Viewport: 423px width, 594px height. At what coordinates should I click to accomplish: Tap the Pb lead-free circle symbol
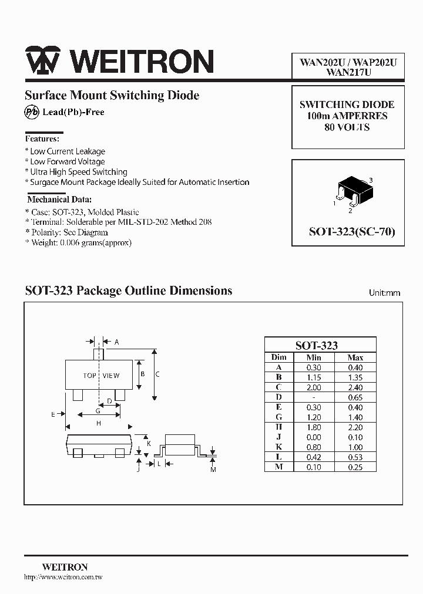click(x=31, y=112)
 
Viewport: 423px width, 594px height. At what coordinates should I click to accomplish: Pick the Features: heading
click(x=42, y=139)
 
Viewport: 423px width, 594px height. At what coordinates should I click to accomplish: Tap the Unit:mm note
click(x=384, y=292)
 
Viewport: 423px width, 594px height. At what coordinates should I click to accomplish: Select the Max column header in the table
click(x=355, y=357)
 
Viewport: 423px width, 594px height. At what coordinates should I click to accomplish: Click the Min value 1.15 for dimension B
click(x=314, y=377)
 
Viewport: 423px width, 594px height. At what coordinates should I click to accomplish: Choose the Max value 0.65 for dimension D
click(x=355, y=397)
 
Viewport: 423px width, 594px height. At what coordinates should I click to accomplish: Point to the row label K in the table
click(x=279, y=447)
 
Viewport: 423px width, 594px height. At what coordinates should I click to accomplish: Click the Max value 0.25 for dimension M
click(x=355, y=467)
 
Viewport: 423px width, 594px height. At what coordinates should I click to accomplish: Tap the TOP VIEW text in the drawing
click(x=101, y=376)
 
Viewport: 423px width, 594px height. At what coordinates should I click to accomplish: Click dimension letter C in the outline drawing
click(x=157, y=374)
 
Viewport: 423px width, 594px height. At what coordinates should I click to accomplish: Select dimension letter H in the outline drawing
click(x=99, y=423)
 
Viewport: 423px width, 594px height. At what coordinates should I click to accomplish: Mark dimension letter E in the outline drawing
click(x=53, y=414)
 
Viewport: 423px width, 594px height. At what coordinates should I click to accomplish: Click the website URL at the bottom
click(x=63, y=578)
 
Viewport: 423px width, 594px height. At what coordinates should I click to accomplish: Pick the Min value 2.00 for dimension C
click(x=314, y=387)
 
